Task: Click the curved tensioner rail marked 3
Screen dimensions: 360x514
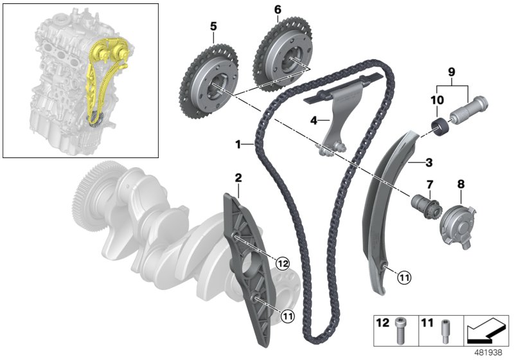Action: tap(379, 206)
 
